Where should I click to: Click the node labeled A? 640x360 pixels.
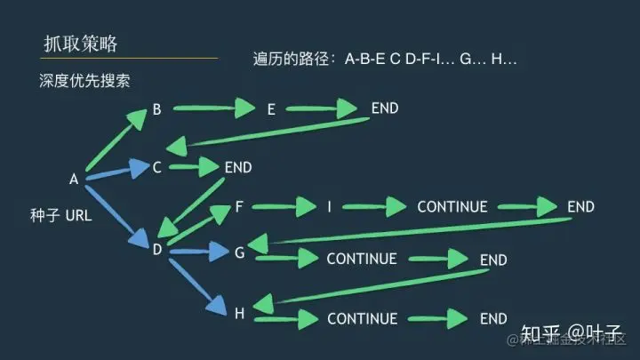(74, 180)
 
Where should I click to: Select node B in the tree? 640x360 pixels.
(156, 110)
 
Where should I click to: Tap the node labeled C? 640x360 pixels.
(156, 166)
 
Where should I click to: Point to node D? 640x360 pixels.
(156, 250)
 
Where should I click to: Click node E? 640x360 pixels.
(271, 109)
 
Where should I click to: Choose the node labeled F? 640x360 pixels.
(239, 207)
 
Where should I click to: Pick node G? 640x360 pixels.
(239, 252)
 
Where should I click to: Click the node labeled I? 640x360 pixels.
(329, 207)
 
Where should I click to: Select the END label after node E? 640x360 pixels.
(385, 108)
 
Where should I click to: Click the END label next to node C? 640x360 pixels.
(238, 166)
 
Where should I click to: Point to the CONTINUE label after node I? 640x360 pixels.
(452, 207)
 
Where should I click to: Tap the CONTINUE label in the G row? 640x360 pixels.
(361, 260)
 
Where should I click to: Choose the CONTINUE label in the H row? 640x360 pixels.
(361, 318)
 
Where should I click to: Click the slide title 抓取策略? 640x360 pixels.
(80, 44)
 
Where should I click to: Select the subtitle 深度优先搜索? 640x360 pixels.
(84, 81)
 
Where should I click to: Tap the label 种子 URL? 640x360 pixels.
(60, 214)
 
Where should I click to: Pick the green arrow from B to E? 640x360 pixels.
(214, 110)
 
